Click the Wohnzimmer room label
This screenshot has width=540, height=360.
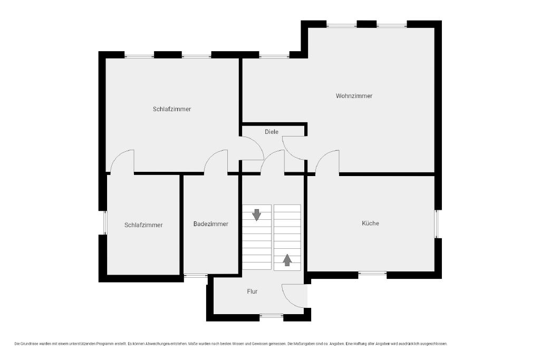coord(354,96)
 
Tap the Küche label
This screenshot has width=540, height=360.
coord(370,223)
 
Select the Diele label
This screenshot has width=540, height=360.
coord(272,132)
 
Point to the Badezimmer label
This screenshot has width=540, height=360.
coord(211,224)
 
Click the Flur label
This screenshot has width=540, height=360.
coord(252,291)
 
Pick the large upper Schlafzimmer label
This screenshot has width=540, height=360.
coord(172,109)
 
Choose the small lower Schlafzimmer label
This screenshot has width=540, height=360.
coord(143,225)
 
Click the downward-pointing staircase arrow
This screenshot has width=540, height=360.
coord(257,215)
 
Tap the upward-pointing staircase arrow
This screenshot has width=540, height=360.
coord(287,260)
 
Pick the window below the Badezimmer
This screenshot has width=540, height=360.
coord(196,275)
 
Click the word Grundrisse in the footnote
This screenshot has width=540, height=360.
coord(30,344)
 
